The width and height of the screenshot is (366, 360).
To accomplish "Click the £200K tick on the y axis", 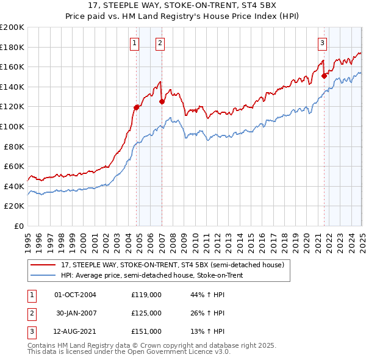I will [12, 27].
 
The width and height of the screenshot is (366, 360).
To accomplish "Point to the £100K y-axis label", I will [12, 126].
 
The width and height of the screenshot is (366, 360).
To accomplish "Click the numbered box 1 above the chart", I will [134, 43].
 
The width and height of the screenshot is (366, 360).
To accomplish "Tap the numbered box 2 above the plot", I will [159, 43].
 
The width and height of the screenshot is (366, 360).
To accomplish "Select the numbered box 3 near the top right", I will [322, 43].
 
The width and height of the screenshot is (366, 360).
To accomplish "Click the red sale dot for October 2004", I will [136, 107].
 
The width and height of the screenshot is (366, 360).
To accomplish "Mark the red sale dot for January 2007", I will [162, 102].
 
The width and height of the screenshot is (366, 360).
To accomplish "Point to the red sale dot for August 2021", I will [324, 76].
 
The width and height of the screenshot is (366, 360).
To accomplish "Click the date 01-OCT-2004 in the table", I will [76, 295].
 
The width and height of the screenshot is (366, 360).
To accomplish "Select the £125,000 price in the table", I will [146, 313].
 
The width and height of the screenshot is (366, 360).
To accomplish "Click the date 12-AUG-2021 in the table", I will [76, 331].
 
